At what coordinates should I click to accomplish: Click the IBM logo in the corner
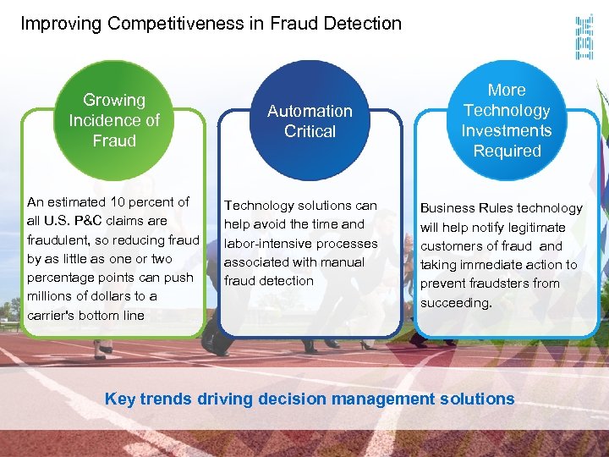(584, 37)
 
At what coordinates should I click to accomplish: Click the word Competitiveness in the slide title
(173, 24)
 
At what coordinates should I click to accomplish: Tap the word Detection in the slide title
(363, 24)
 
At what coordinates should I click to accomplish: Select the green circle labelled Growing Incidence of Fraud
(114, 121)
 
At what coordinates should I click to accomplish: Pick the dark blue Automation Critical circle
(310, 121)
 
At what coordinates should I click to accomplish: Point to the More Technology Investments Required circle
(507, 120)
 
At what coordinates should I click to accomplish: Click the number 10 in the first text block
(118, 201)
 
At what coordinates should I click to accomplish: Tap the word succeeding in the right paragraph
(455, 302)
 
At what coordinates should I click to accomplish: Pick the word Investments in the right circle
(507, 130)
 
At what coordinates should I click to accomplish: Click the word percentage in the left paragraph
(62, 278)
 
